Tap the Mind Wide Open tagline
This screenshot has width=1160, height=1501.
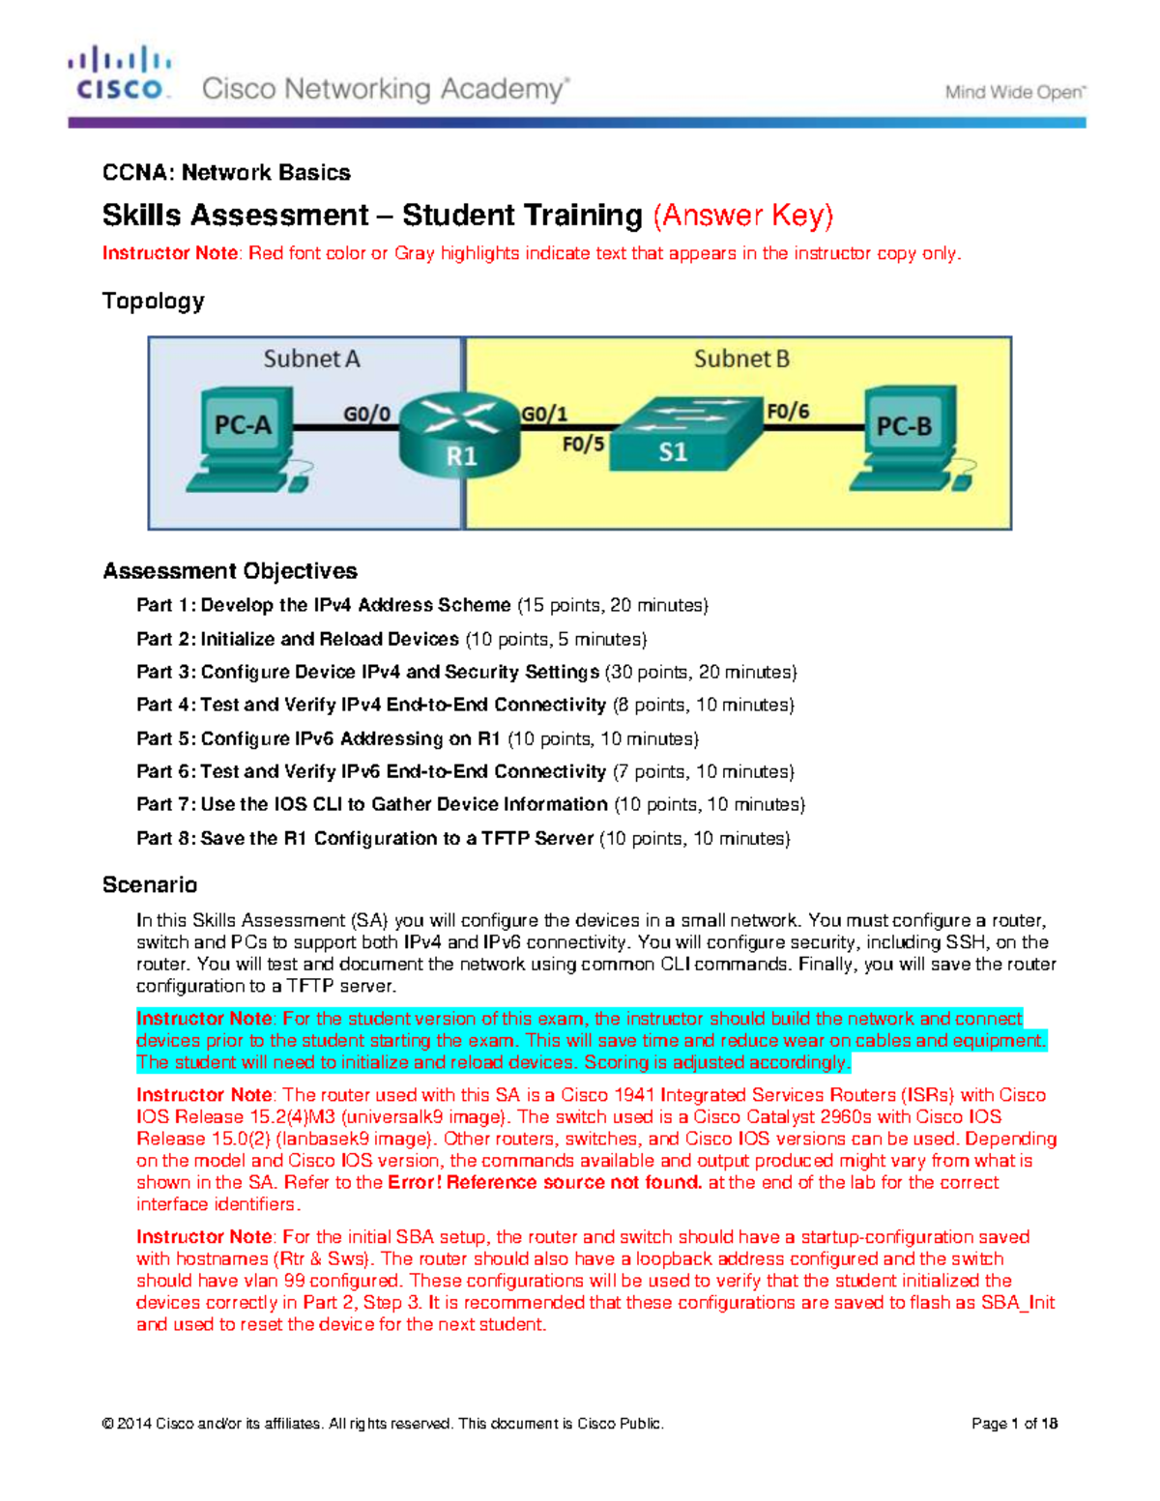[x=1015, y=93]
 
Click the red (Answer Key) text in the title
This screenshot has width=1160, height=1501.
[x=743, y=215]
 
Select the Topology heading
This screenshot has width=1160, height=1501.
[x=153, y=302]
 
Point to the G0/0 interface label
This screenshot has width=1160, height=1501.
[x=367, y=414]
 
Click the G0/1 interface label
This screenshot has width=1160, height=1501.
[x=544, y=414]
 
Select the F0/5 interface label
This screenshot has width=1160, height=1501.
[x=583, y=445]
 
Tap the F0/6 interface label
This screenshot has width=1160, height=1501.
[x=788, y=412]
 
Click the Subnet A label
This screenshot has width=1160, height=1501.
[x=311, y=360]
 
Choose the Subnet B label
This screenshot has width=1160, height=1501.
[x=741, y=360]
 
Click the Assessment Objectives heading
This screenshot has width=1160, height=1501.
[x=230, y=571]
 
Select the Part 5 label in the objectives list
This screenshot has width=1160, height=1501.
[x=166, y=739]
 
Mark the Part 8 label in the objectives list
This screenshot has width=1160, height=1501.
[x=166, y=839]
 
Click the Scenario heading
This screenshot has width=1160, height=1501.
[x=150, y=885]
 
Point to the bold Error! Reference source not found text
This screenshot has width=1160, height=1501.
[x=544, y=1183]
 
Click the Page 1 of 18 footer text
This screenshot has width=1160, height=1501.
[x=1014, y=1424]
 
